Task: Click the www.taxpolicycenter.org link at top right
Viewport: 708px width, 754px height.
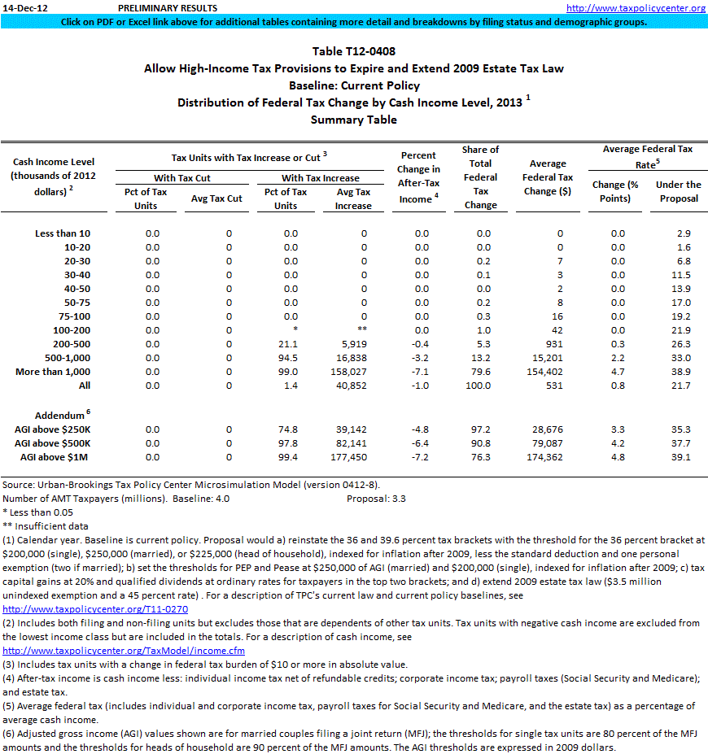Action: (x=635, y=8)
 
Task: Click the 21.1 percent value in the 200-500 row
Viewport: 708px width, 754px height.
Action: (x=286, y=344)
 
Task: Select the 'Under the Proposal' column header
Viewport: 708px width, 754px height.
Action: (x=678, y=191)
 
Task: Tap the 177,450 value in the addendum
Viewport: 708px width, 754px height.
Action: (x=352, y=457)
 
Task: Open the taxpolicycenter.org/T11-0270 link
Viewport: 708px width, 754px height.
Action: (x=95, y=608)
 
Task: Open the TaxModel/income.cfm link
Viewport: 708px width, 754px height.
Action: (x=124, y=651)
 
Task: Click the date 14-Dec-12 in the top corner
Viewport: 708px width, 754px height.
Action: (x=27, y=8)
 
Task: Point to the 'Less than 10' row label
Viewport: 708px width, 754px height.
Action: (x=63, y=233)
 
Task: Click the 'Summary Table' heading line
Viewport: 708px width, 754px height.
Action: (x=353, y=120)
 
